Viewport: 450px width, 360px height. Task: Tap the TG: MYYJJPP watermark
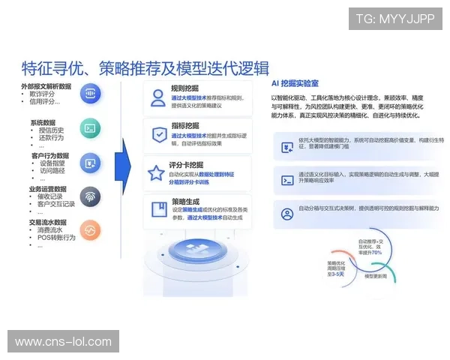click(x=394, y=19)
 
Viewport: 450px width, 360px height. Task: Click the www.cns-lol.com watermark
click(x=63, y=341)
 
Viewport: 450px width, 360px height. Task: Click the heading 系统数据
click(x=43, y=121)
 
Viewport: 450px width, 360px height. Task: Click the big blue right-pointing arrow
click(x=123, y=162)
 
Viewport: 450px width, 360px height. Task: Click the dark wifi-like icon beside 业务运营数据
click(x=90, y=196)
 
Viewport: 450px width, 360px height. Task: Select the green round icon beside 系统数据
click(x=90, y=127)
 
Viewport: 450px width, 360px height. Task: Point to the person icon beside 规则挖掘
click(x=157, y=97)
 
